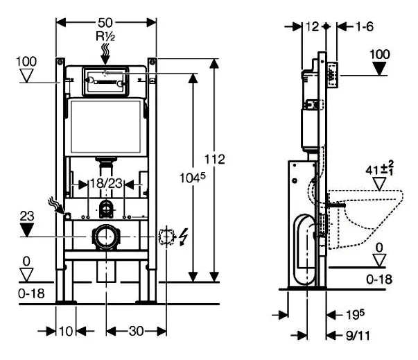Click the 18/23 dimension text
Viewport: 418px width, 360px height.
click(x=107, y=183)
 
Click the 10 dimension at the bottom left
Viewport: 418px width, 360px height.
click(x=65, y=331)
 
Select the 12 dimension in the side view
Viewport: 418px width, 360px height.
click(x=311, y=26)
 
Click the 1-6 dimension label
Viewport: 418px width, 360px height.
click(x=365, y=26)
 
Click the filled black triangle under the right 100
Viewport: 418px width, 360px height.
click(x=381, y=68)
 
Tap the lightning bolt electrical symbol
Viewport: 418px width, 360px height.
click(x=183, y=237)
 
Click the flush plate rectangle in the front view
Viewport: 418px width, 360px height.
click(x=106, y=80)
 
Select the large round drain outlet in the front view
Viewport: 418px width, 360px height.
click(x=106, y=237)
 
